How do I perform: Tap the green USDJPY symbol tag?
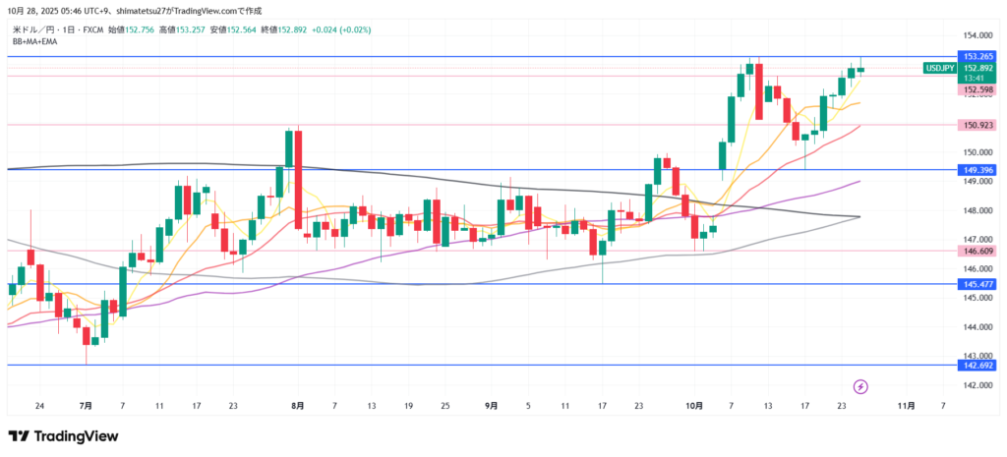(939, 68)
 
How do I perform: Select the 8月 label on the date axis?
(298, 405)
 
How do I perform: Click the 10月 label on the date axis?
(695, 405)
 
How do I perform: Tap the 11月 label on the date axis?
(907, 405)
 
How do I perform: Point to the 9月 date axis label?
(492, 405)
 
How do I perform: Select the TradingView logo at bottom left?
(63, 436)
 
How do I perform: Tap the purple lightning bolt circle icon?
(861, 386)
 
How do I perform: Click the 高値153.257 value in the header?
(179, 30)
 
